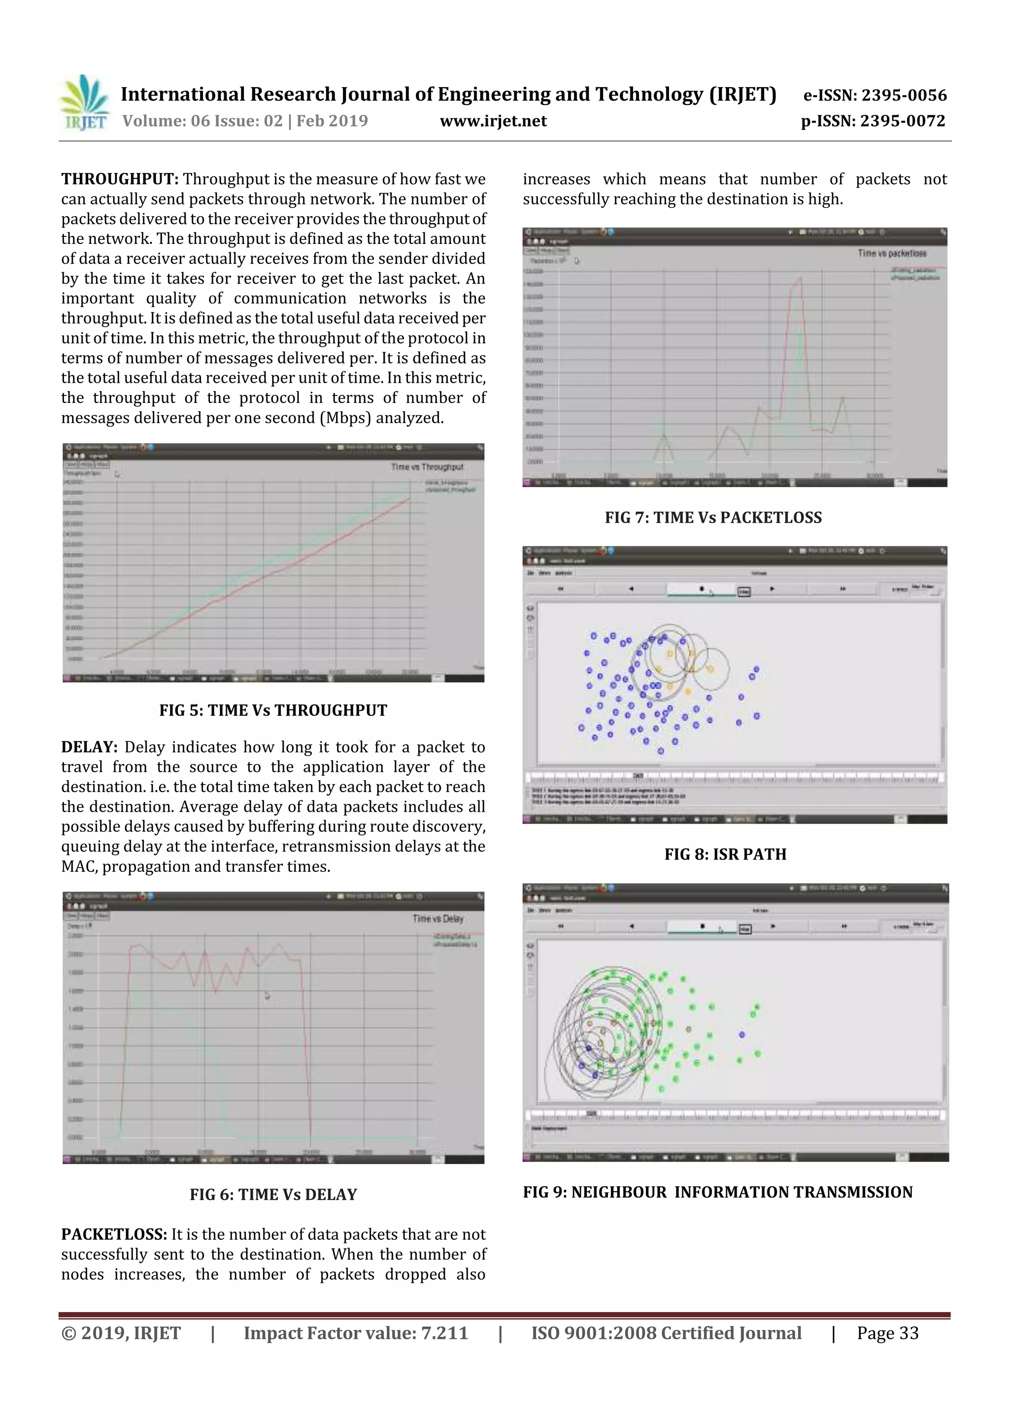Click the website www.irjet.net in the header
coord(493,121)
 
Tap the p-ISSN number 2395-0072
coord(902,121)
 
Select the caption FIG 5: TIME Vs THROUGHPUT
coord(273,710)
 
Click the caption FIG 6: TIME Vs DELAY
coord(273,1195)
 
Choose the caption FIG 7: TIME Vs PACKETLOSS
coord(713,518)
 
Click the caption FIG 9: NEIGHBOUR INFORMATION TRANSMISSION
coord(717,1192)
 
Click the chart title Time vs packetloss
coord(892,254)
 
